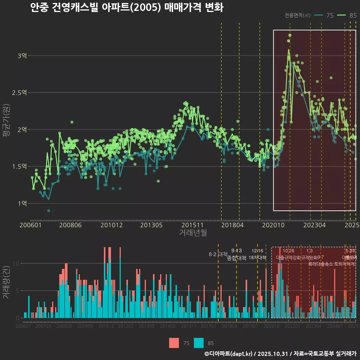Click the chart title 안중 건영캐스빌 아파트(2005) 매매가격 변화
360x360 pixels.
[x=127, y=8]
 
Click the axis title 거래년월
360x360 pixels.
[x=193, y=233]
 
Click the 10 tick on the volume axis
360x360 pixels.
[x=15, y=263]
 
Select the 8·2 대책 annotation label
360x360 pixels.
[x=218, y=254]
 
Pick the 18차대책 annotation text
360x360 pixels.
[x=257, y=258]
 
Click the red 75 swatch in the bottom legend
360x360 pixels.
[x=174, y=343]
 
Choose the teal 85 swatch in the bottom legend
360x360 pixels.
[x=199, y=343]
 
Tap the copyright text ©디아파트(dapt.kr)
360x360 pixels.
[x=229, y=354]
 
